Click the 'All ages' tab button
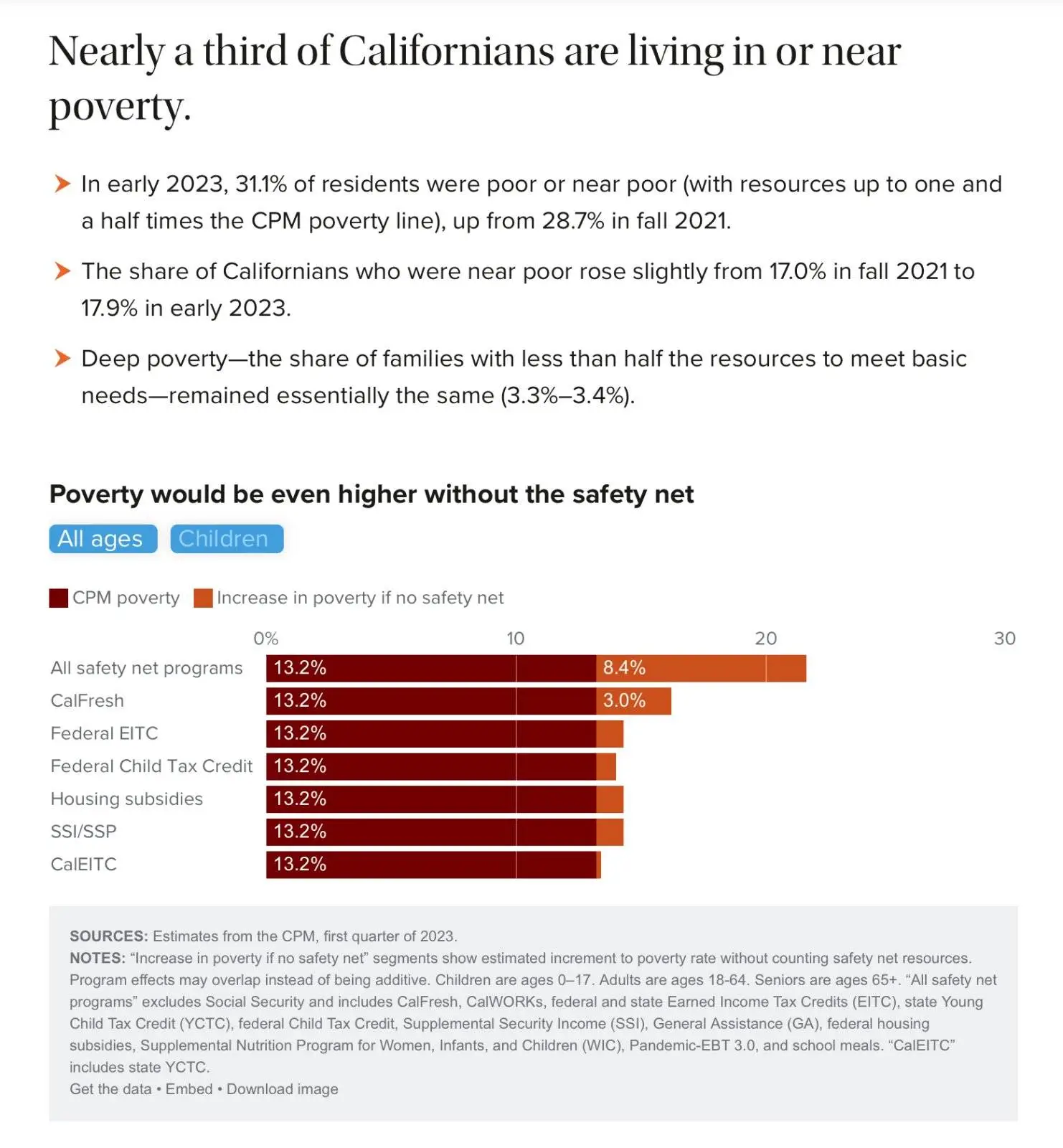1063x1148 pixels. coord(103,539)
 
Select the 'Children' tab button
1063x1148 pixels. coord(227,539)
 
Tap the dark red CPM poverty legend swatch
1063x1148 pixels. coord(58,598)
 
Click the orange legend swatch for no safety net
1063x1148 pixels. coord(203,598)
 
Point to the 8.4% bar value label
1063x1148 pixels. coord(624,668)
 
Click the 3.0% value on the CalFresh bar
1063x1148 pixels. coord(624,701)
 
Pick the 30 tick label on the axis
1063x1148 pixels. coord(1004,639)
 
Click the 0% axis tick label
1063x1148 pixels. coord(265,639)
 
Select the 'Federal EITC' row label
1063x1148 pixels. coord(104,733)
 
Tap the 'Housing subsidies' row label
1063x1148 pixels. coord(126,799)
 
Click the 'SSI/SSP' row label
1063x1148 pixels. coord(83,832)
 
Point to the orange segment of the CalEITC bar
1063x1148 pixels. coord(598,865)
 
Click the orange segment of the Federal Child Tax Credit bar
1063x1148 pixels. coord(606,766)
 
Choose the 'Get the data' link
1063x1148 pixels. coord(110,1089)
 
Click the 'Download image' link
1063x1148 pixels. coord(283,1089)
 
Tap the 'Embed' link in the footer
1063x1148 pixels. coord(189,1089)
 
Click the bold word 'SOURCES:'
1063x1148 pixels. coord(108,936)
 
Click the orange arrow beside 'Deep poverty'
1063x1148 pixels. coord(62,358)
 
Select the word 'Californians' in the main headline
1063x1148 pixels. coord(446,52)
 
